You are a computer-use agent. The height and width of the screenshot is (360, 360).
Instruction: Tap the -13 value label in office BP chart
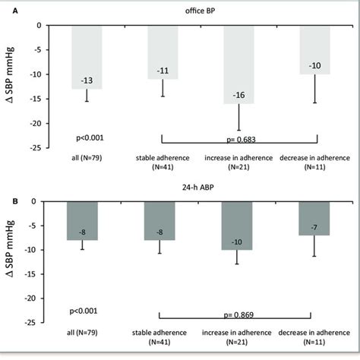pyautogui.click(x=87, y=81)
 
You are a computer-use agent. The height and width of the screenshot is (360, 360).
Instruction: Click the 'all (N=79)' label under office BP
pyautogui.click(x=87, y=157)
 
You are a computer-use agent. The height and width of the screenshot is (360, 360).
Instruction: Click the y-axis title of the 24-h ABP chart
pyautogui.click(x=12, y=261)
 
